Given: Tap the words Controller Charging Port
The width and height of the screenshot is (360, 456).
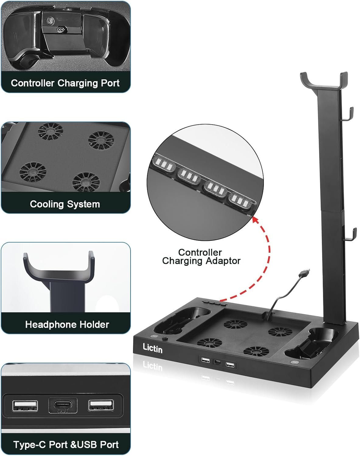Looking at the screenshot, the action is (x=65, y=83).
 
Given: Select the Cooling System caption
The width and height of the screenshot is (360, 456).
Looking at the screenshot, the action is (x=65, y=204).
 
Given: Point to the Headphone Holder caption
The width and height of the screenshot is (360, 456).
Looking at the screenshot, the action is (x=67, y=325).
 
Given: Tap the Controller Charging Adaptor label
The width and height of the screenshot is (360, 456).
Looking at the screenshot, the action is (x=201, y=257).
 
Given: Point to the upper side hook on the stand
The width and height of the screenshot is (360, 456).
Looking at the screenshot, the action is (x=348, y=114).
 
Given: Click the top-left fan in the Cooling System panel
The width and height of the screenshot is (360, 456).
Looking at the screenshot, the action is (x=51, y=131).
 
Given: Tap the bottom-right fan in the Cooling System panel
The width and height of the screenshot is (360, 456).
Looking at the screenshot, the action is (x=86, y=182).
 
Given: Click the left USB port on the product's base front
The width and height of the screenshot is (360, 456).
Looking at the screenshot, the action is (x=205, y=360).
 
